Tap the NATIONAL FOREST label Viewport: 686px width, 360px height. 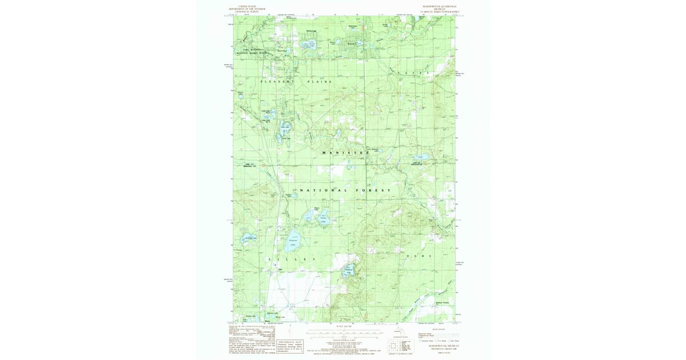pyautogui.click(x=345, y=190)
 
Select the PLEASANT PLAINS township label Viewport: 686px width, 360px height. pyautogui.click(x=296, y=82)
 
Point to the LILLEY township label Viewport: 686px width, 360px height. pyautogui.click(x=292, y=259)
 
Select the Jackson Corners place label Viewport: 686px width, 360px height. pyautogui.click(x=442, y=302)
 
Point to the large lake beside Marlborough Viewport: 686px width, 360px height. pyautogui.click(x=309, y=45)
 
